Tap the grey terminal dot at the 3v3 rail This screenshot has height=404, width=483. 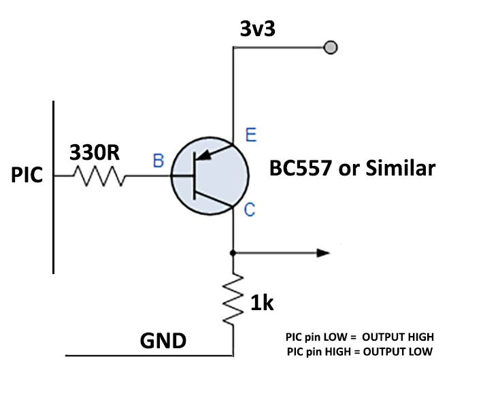coord(331,48)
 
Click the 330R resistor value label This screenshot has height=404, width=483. coord(95,153)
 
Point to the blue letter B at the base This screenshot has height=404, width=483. coord(158,161)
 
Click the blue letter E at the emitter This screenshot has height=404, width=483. coord(251,135)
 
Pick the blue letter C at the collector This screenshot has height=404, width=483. coord(250,210)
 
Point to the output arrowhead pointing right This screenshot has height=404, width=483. coord(322,253)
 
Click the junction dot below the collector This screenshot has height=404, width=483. coord(233,253)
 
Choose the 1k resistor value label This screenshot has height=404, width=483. coord(261,303)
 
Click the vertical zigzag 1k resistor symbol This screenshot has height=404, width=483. coord(233,299)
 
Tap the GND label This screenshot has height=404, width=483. coord(163,340)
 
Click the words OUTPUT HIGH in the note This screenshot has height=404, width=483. coord(398,337)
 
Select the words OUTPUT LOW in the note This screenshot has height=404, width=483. coord(398,351)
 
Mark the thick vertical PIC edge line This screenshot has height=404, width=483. coord(54,187)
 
